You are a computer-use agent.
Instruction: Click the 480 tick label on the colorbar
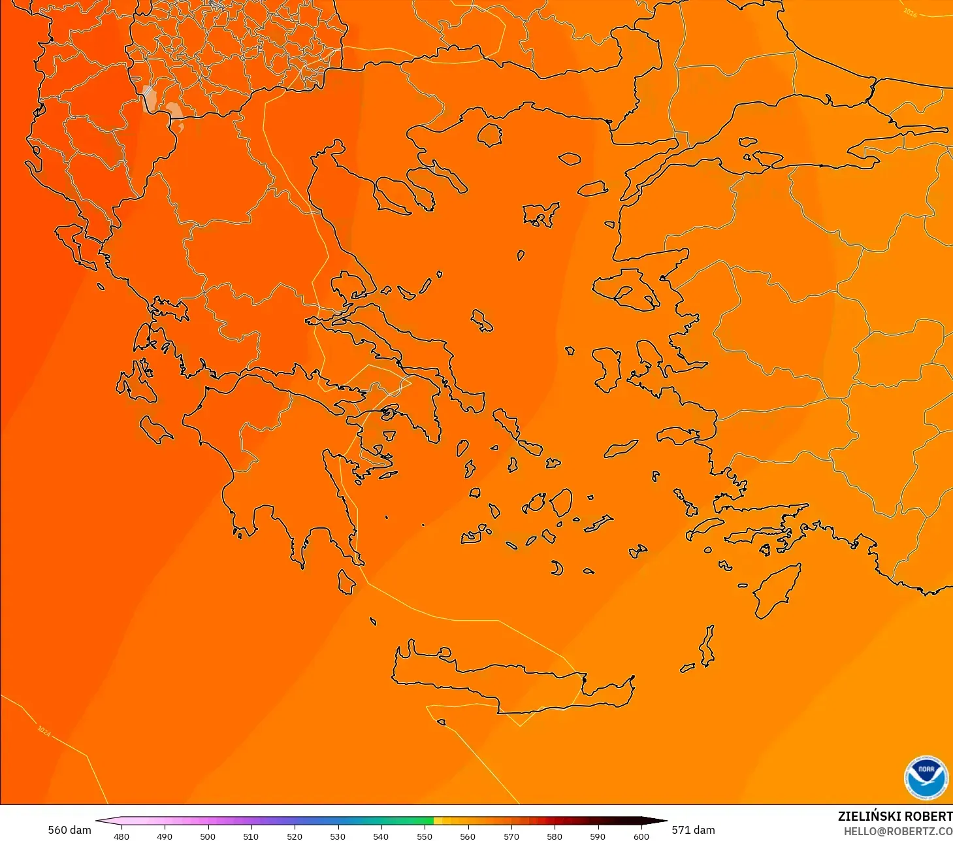[x=121, y=836]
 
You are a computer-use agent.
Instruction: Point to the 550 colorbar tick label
[x=425, y=836]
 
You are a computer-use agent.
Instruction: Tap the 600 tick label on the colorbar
[x=641, y=836]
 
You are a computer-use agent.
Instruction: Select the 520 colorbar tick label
[x=295, y=836]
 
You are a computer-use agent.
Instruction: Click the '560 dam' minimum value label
[x=69, y=830]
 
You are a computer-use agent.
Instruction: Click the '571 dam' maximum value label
[x=693, y=830]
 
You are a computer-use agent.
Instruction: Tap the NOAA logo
[x=926, y=778]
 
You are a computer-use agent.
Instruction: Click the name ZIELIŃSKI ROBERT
[x=895, y=816]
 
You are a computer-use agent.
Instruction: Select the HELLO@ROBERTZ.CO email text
[x=897, y=831]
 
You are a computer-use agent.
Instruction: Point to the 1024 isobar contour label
[x=44, y=731]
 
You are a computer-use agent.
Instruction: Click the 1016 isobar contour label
[x=910, y=12]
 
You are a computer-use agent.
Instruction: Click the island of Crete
[x=509, y=680]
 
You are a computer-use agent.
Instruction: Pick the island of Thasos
[x=489, y=135]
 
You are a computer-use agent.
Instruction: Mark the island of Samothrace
[x=570, y=159]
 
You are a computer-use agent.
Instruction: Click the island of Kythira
[x=346, y=582]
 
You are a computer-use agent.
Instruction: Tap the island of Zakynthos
[x=156, y=429]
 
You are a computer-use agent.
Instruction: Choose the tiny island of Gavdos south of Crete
[x=442, y=722]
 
